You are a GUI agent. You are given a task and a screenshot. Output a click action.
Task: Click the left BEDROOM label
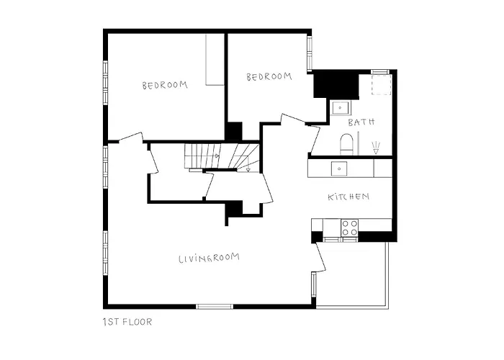point(165,85)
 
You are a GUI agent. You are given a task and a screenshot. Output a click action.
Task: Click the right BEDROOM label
point(269,77)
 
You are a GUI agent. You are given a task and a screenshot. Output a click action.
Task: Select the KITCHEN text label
point(348,197)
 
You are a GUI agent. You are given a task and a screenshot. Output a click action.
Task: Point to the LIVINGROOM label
point(209,258)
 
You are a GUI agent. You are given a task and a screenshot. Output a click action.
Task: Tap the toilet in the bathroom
point(347,143)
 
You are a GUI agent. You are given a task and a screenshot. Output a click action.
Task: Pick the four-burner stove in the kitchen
point(349,228)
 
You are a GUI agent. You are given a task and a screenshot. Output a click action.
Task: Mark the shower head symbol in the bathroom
point(376,147)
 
